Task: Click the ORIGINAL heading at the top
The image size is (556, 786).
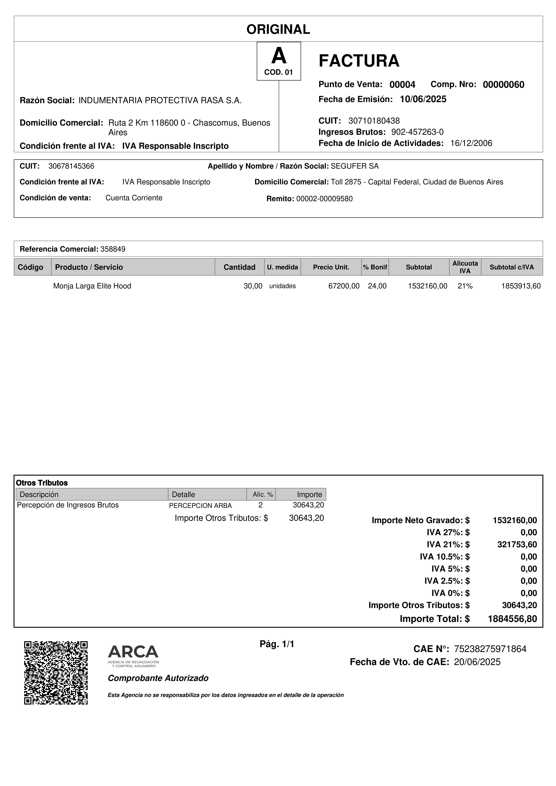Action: (x=278, y=29)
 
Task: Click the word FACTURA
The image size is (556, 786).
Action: (x=359, y=61)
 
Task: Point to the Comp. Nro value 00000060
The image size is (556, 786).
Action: (x=503, y=85)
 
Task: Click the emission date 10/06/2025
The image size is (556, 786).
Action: (x=423, y=99)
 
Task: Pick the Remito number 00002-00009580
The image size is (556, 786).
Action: (x=324, y=199)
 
